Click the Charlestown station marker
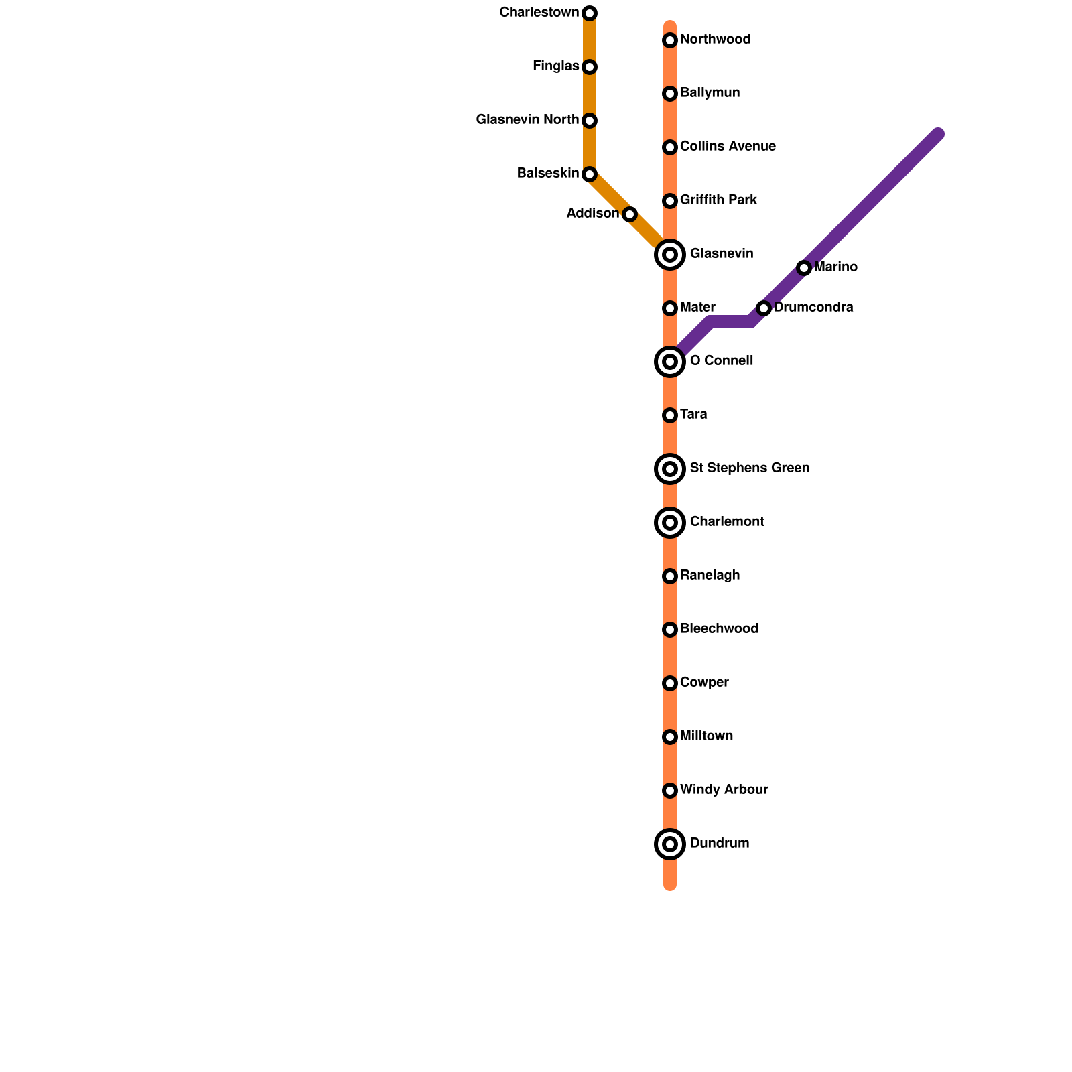[x=590, y=13]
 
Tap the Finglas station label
[x=555, y=66]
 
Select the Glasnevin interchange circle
[x=670, y=255]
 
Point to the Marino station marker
[x=804, y=268]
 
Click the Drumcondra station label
[x=813, y=308]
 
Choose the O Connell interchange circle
[x=670, y=362]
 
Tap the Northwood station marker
[x=670, y=40]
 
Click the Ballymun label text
[x=710, y=93]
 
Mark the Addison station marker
[x=630, y=214]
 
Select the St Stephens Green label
[x=749, y=468]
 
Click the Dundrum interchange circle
[x=670, y=844]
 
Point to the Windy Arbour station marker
[x=670, y=791]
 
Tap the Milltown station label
[x=706, y=736]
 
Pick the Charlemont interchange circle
[x=670, y=523]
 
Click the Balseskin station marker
[x=590, y=174]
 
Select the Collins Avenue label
[x=728, y=147]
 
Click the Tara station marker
[x=670, y=415]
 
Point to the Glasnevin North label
[x=527, y=120]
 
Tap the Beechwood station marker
[x=670, y=630]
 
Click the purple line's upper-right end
[x=937, y=135]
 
